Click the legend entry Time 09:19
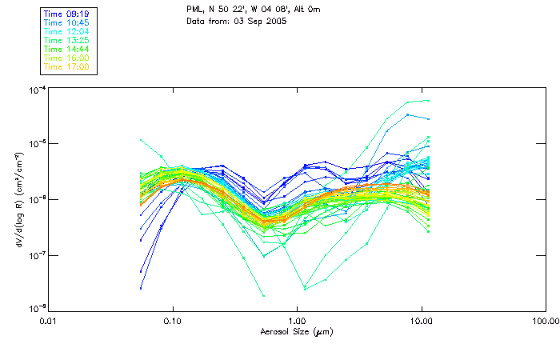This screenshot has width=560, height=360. [x=67, y=14]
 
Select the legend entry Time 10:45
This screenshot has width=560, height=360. [x=67, y=23]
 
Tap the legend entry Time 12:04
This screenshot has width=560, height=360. [x=67, y=32]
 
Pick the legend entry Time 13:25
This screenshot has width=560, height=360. [x=67, y=41]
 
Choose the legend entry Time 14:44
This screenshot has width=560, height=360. [x=67, y=50]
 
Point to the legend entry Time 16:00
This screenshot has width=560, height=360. [x=67, y=58]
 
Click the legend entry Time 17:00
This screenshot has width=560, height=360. [x=67, y=67]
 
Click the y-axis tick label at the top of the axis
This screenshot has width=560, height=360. [x=36, y=89]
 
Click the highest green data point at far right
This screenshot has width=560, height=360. [x=429, y=101]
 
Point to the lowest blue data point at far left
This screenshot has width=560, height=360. [x=141, y=288]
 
